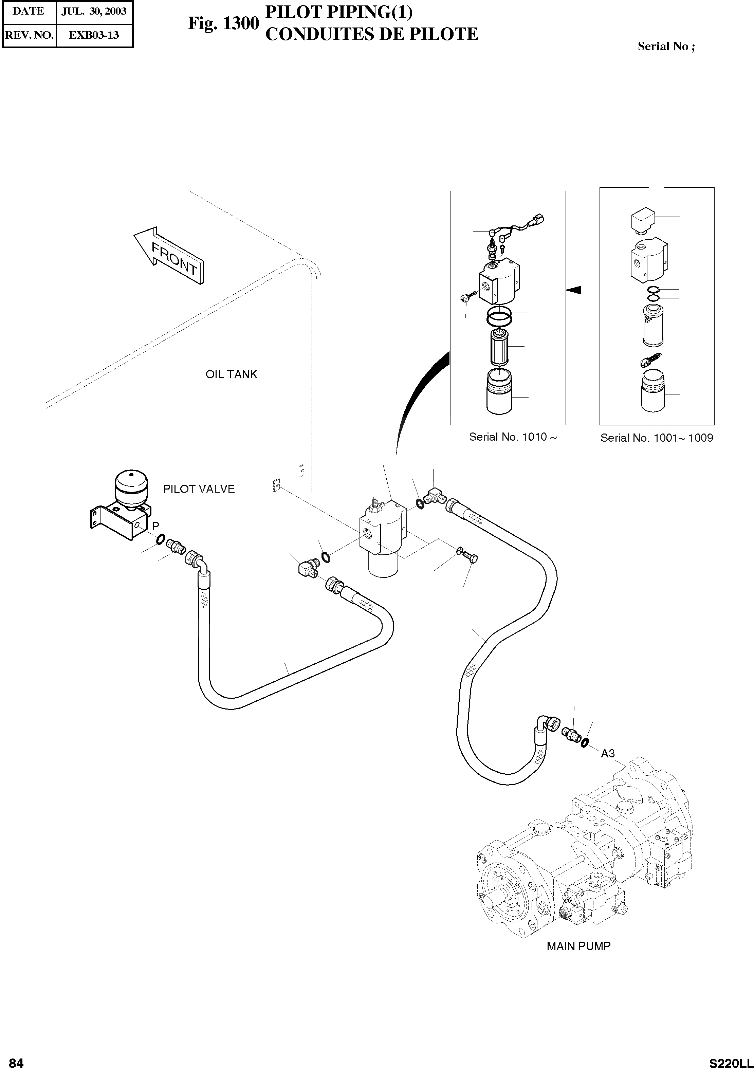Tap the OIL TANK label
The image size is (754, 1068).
[231, 374]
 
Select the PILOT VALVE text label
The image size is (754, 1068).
[199, 489]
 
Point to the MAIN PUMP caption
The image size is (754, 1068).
[578, 946]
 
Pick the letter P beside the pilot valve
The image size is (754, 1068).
[155, 526]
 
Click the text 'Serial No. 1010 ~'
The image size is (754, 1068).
[513, 437]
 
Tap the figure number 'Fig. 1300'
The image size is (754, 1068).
[223, 23]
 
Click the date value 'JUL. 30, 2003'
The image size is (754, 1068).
[94, 12]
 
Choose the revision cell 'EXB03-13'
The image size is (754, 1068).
[94, 35]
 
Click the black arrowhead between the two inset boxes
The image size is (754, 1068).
[573, 290]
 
